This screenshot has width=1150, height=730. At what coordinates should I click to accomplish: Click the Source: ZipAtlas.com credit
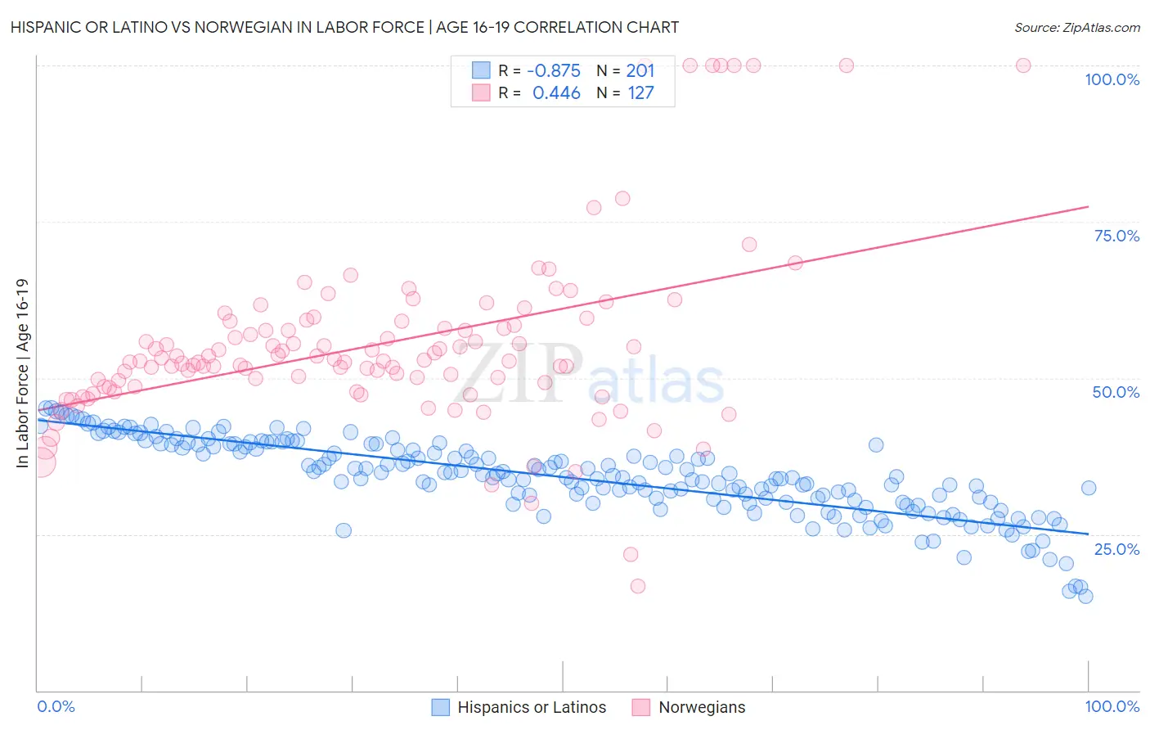(1076, 27)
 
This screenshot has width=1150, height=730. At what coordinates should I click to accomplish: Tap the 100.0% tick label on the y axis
(1112, 79)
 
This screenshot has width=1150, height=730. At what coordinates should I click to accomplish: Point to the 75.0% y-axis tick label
(1116, 236)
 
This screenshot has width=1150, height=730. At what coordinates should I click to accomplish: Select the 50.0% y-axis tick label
(1116, 392)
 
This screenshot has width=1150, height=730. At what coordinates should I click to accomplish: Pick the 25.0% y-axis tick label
(1116, 548)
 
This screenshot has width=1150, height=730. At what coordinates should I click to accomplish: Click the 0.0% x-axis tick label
(56, 706)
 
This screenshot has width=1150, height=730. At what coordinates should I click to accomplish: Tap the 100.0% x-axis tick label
(1112, 706)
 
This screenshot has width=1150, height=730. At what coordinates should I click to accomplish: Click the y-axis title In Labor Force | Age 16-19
(22, 373)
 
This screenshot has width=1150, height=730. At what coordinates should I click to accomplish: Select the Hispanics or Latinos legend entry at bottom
(519, 707)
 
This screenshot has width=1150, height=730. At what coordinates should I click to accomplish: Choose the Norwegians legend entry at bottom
(689, 707)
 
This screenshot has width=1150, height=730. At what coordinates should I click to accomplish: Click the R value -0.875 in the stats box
(554, 70)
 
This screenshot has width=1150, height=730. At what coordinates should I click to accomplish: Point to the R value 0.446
(556, 92)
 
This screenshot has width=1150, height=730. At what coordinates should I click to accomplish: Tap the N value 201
(640, 70)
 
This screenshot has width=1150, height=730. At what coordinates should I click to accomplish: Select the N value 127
(640, 92)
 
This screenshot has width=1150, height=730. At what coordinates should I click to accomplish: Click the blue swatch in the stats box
(481, 70)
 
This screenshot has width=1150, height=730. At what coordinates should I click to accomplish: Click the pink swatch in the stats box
(481, 92)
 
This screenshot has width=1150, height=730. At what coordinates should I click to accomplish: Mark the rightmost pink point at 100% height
(1022, 65)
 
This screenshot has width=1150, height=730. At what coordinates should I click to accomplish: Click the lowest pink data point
(637, 586)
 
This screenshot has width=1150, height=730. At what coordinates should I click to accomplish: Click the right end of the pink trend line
(1088, 206)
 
